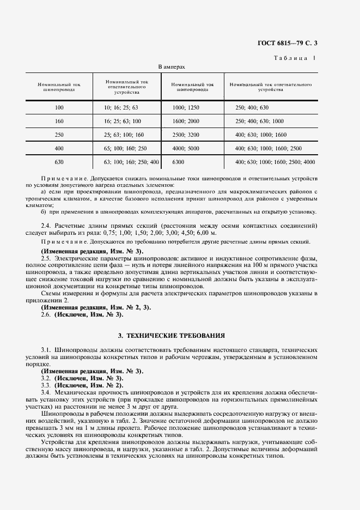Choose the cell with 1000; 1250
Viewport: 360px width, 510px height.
tap(185, 107)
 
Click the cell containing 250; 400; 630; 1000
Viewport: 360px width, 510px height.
tap(259, 121)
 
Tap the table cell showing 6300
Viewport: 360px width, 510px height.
tap(179, 162)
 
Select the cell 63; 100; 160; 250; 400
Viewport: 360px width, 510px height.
tap(131, 162)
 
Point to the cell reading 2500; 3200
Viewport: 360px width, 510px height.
tap(185, 135)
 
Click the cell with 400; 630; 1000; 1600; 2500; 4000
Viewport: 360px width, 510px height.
tap(275, 162)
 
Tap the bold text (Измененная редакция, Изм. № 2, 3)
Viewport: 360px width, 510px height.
tap(96, 307)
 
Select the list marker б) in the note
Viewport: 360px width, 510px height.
tap(44, 211)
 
